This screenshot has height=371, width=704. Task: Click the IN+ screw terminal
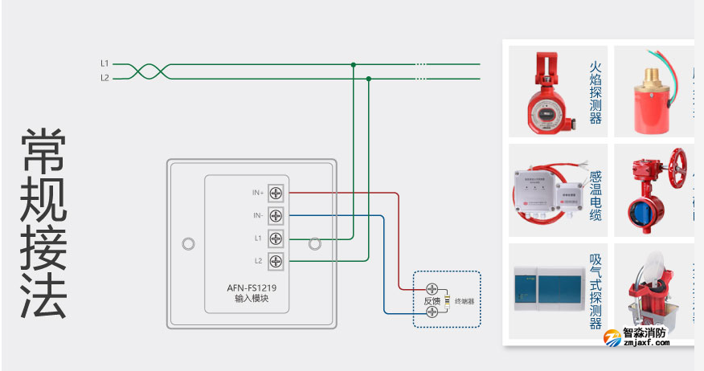276,194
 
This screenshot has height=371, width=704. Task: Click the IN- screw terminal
276,216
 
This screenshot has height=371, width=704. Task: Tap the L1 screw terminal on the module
276,238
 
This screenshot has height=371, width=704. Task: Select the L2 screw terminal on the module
276,261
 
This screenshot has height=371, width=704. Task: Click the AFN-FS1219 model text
252,287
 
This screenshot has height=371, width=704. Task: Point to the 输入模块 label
252,299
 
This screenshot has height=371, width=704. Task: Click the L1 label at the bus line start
104,63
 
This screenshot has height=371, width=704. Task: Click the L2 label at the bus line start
104,78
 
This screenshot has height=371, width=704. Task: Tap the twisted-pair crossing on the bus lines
146,71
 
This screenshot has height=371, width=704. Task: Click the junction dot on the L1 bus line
353,64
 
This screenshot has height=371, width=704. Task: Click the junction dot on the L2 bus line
368,79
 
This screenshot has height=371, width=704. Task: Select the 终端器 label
465,301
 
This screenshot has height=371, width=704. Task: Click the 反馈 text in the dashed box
432,301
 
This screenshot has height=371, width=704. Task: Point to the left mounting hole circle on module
189,243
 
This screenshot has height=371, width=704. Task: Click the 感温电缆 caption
596,195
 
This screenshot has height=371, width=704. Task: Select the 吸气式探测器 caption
596,291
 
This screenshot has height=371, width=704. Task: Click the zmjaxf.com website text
640,343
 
